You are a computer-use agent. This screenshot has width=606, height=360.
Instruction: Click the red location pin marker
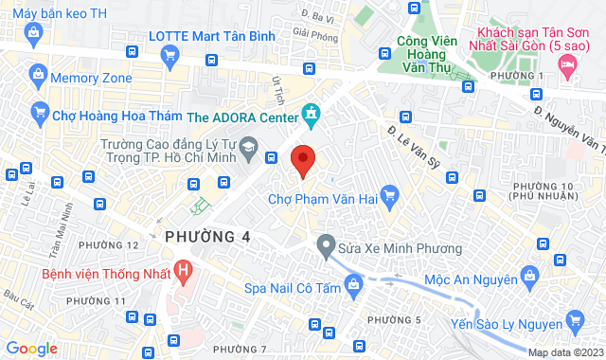click(302, 160)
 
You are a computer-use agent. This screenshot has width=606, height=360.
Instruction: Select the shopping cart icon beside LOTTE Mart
click(169, 55)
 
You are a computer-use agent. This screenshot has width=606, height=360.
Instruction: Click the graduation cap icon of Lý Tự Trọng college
click(249, 147)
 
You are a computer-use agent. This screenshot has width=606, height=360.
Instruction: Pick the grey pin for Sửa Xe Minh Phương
click(326, 248)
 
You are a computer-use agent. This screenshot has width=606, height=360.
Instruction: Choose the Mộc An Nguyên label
click(471, 279)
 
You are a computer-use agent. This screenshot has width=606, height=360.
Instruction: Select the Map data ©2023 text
click(564, 352)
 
